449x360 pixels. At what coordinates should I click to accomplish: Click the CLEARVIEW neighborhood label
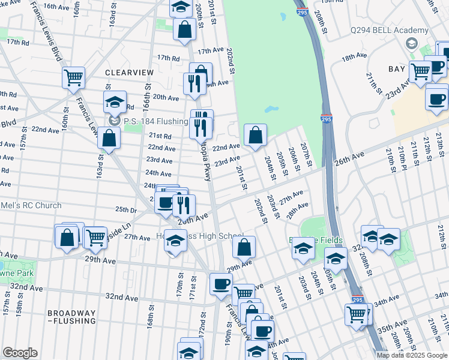pyautogui.click(x=129, y=72)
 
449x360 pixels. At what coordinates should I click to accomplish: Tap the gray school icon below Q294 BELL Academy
pyautogui.click(x=411, y=43)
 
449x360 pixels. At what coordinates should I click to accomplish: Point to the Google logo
pyautogui.click(x=20, y=353)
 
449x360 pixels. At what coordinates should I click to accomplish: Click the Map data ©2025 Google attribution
pyautogui.click(x=411, y=355)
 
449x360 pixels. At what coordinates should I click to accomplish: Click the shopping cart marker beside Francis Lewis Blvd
pyautogui.click(x=73, y=76)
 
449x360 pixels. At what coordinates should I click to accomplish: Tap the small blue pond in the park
pyautogui.click(x=272, y=110)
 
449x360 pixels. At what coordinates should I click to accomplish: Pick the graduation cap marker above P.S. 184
pyautogui.click(x=115, y=101)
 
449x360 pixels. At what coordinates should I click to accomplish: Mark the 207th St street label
pyautogui.click(x=306, y=154)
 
